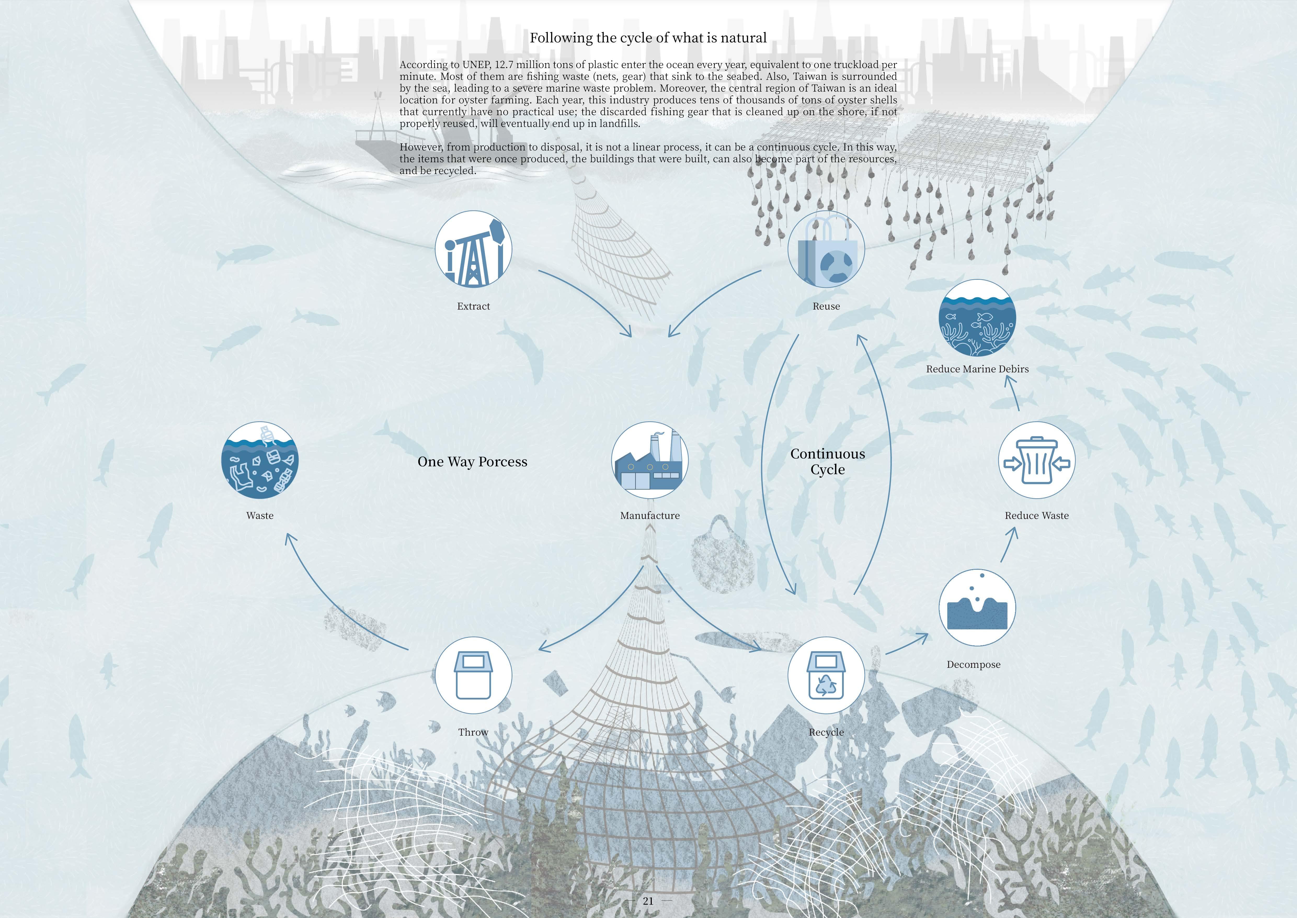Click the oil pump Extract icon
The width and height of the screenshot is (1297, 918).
pos(473,249)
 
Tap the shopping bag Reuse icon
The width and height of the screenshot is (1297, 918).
pos(826,249)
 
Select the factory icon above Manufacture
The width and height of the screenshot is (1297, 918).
pos(650,460)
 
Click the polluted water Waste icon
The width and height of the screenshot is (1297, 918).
pos(260,460)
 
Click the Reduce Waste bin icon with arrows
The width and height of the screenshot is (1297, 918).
pos(1037,460)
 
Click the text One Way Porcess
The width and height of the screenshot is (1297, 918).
pos(472,462)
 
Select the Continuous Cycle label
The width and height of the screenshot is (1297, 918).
pos(827,461)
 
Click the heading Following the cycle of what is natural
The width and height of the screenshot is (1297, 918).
pos(648,38)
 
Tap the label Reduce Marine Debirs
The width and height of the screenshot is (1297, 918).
pos(977,369)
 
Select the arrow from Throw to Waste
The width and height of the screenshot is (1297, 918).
pos(333,599)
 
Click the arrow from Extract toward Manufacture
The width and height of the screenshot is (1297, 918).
pos(587,300)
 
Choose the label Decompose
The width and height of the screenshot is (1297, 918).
pos(973,665)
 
